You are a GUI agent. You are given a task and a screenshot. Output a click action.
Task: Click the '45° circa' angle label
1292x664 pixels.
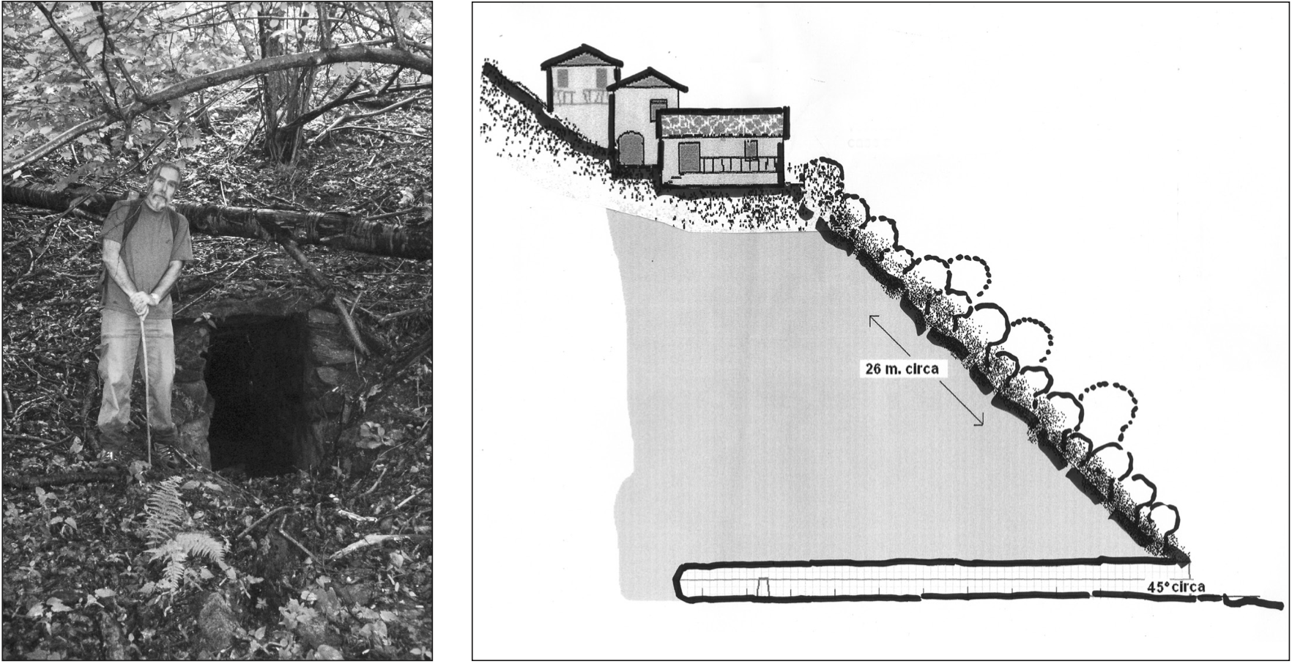(1175, 587)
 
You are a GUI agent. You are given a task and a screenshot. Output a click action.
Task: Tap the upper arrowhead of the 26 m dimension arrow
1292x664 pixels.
(872, 317)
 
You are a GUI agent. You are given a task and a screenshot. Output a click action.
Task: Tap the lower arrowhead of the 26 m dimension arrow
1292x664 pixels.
(981, 423)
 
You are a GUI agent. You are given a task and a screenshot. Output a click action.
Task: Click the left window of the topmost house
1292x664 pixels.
(564, 78)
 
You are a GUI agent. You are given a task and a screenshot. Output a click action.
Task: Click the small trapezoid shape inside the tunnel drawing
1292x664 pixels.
(763, 586)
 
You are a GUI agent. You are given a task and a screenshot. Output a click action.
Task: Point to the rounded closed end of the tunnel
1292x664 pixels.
(683, 583)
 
